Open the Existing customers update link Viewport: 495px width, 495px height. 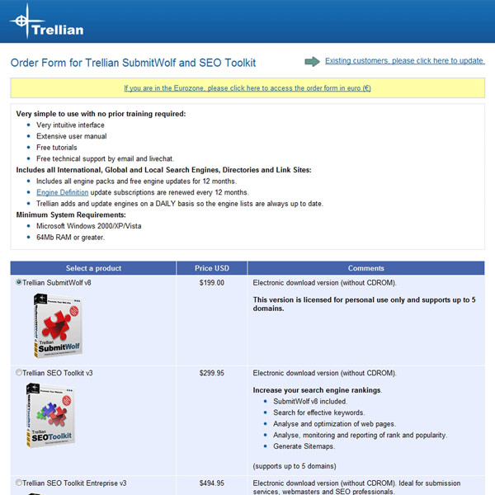pos(404,60)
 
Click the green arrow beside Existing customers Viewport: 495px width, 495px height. pos(312,61)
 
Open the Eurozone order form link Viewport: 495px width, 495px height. pos(247,88)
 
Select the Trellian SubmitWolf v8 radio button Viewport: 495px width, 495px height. pos(19,282)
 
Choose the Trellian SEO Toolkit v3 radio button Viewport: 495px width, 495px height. pos(19,373)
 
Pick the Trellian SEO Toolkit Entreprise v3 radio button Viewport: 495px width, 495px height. pos(19,483)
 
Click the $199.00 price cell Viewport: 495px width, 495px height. pos(212,282)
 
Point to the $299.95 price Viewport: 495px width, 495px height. pos(212,373)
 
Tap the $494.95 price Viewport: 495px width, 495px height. pos(212,483)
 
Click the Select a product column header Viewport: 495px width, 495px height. pos(93,268)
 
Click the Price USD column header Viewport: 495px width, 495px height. pos(212,268)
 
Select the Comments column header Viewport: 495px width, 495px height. pos(365,268)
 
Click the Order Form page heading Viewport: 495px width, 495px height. pos(133,63)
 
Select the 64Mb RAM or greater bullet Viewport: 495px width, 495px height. pos(70,237)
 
